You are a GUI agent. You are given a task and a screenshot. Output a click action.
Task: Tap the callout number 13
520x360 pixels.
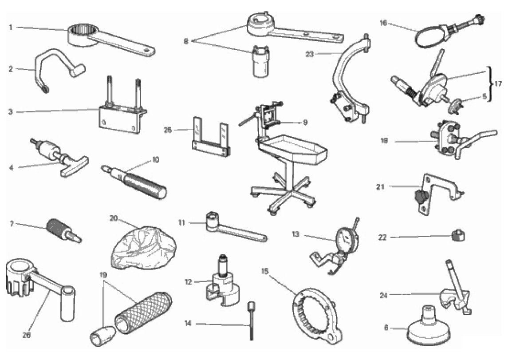point(295,234)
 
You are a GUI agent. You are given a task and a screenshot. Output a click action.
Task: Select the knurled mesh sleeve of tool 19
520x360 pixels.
point(143,311)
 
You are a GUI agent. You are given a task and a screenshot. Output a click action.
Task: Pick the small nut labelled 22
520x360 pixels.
point(458,236)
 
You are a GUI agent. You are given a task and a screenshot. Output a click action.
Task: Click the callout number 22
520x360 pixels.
point(382,237)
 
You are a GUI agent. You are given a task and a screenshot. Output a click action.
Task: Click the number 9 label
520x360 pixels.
point(305,123)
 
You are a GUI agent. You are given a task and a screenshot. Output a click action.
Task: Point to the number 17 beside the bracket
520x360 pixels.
point(498,83)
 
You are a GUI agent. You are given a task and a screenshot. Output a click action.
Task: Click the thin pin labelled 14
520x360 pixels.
point(251,320)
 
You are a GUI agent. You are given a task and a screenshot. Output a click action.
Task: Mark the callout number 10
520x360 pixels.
point(156,160)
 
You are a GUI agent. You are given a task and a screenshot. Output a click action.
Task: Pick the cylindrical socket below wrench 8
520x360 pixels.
point(260,62)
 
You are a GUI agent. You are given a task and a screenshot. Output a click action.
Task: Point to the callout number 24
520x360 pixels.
point(383,295)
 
